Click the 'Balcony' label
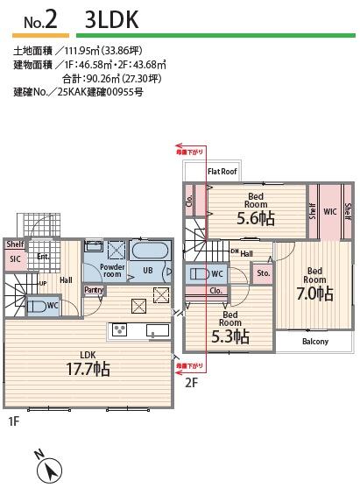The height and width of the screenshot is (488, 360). [x=314, y=341]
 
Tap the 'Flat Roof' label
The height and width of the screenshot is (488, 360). [x=222, y=172]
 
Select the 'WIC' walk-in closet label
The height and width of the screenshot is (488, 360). [x=329, y=211]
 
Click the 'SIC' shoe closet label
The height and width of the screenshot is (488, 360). [x=15, y=259]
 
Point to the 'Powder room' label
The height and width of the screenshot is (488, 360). [x=113, y=271]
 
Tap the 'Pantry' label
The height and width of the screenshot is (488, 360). [x=93, y=289]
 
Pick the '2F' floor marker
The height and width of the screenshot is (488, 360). [x=191, y=383]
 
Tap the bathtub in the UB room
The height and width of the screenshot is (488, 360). [x=152, y=251]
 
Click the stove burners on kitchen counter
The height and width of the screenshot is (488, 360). [x=120, y=329]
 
